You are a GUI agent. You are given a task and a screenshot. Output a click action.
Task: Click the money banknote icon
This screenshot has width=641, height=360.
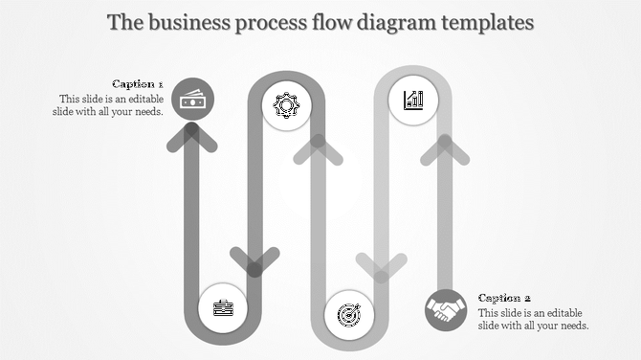pyautogui.click(x=192, y=99)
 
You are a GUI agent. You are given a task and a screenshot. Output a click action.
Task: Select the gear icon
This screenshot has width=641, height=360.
pyautogui.click(x=286, y=105)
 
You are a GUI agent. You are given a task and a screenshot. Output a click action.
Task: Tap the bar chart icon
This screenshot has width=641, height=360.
pyautogui.click(x=413, y=100)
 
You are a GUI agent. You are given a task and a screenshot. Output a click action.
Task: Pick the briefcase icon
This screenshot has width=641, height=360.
pyautogui.click(x=222, y=307)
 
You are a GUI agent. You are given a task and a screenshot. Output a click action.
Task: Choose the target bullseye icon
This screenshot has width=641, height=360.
pyautogui.click(x=348, y=314)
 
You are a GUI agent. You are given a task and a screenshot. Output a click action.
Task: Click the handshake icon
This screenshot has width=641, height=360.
pyautogui.click(x=446, y=310)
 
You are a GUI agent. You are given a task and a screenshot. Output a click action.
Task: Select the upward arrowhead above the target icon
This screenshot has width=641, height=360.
pyautogui.click(x=318, y=148)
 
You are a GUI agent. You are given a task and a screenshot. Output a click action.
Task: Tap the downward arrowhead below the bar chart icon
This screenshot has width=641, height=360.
pyautogui.click(x=381, y=267)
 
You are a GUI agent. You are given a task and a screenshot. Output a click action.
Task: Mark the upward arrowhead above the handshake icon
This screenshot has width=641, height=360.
pyautogui.click(x=444, y=148)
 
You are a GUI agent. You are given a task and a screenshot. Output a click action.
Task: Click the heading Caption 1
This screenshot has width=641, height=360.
pyautogui.click(x=138, y=83)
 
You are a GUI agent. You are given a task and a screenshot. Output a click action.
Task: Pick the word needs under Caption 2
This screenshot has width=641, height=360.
pyautogui.click(x=571, y=326)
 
